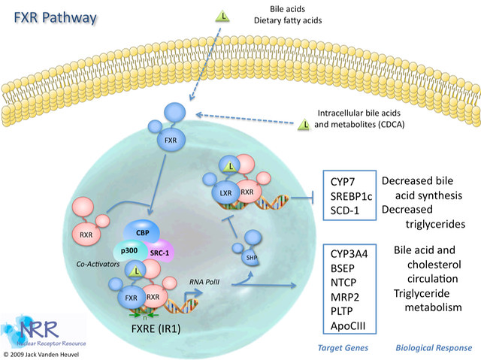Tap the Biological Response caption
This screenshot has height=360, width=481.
click(x=434, y=348)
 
